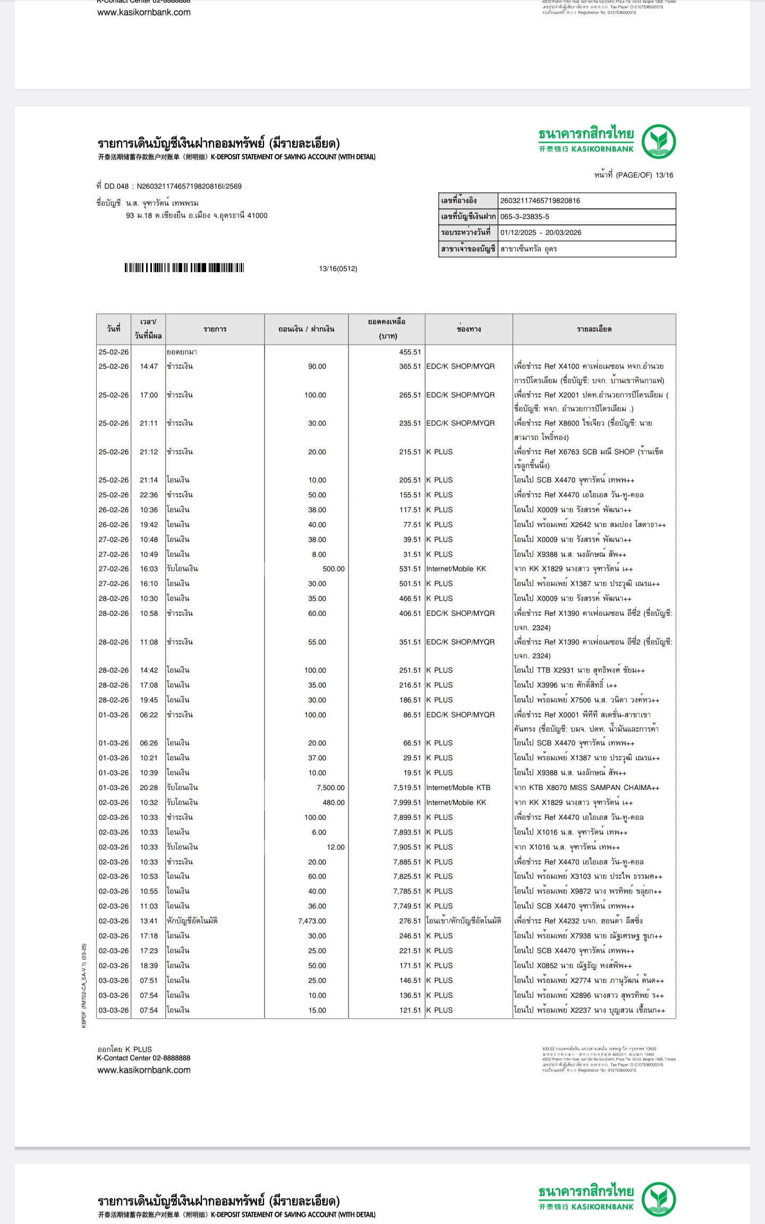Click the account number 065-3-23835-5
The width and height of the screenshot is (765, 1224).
pyautogui.click(x=524, y=217)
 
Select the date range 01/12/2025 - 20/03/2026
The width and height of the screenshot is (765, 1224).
pyautogui.click(x=540, y=233)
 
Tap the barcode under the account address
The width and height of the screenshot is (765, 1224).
pyautogui.click(x=184, y=268)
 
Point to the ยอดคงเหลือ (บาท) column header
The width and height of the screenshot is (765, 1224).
pyautogui.click(x=387, y=329)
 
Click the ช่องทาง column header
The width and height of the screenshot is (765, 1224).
pyautogui.click(x=469, y=329)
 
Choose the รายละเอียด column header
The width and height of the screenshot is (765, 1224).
pyautogui.click(x=594, y=329)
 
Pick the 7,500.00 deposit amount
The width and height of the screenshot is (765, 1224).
pyautogui.click(x=330, y=788)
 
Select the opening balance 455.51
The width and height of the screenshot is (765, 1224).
pyautogui.click(x=410, y=352)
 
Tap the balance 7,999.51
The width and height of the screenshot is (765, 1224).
pyautogui.click(x=407, y=803)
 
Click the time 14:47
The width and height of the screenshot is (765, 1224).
pyautogui.click(x=149, y=367)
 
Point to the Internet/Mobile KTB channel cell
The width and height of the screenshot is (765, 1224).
pyautogui.click(x=458, y=788)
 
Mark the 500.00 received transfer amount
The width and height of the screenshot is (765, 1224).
pyautogui.click(x=334, y=569)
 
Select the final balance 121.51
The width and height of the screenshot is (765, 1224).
pyautogui.click(x=410, y=1010)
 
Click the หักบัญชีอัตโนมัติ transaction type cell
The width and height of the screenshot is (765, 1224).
pyautogui.click(x=192, y=921)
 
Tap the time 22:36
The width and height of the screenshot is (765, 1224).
pyautogui.click(x=149, y=495)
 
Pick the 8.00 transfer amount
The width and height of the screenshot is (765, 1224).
pyautogui.click(x=319, y=555)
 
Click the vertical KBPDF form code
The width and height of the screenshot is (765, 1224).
pyautogui.click(x=84, y=985)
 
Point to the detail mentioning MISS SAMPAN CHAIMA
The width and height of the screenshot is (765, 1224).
pyautogui.click(x=586, y=788)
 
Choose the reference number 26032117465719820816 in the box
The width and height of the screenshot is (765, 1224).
pyautogui.click(x=540, y=201)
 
